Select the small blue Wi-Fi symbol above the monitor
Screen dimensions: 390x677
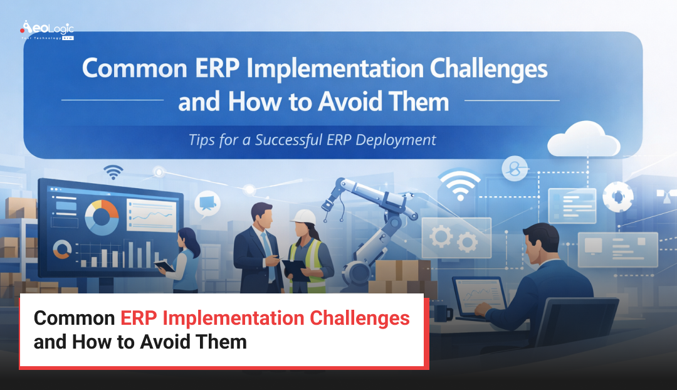pyautogui.click(x=113, y=172)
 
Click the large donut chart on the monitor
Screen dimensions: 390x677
pyautogui.click(x=101, y=217)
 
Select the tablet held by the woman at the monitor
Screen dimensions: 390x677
pyautogui.click(x=165, y=266)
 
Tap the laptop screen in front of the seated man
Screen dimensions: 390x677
pyautogui.click(x=480, y=295)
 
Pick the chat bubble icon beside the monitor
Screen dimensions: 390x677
pyautogui.click(x=207, y=203)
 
